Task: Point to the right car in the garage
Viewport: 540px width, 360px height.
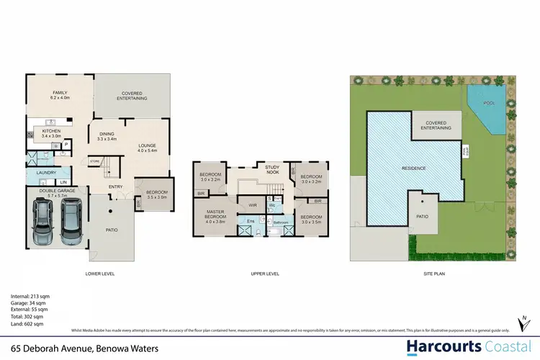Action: pyautogui.click(x=71, y=220)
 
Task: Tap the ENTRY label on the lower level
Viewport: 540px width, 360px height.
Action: pyautogui.click(x=115, y=187)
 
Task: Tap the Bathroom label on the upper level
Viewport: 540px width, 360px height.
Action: pyautogui.click(x=281, y=223)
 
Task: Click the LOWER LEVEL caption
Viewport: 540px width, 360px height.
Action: pyautogui.click(x=100, y=274)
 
